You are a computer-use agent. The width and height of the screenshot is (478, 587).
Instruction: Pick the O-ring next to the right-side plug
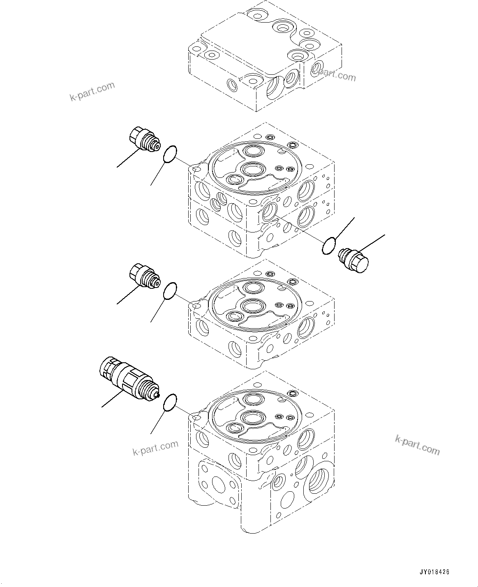(329, 246)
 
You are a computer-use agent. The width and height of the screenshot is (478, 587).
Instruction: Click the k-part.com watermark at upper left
(92, 92)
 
